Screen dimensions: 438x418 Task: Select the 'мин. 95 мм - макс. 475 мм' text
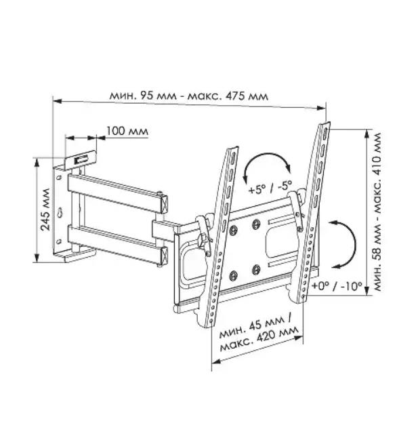[188, 96]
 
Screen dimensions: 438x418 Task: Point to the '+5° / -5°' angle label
[270, 187]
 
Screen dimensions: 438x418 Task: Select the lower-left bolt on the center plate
[233, 276]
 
